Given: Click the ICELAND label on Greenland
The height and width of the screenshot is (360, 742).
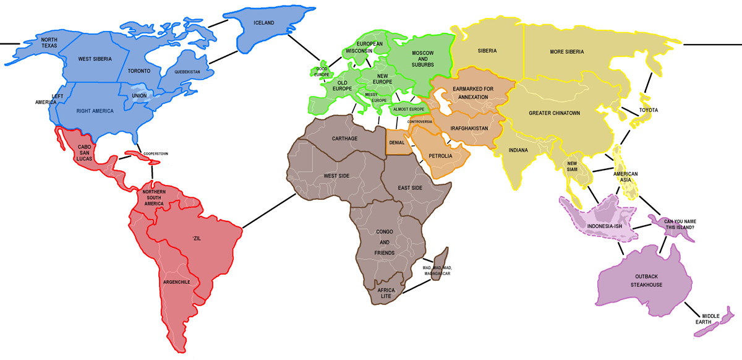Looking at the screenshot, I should pyautogui.click(x=264, y=23).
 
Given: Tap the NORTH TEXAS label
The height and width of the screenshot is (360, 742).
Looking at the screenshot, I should pyautogui.click(x=49, y=43).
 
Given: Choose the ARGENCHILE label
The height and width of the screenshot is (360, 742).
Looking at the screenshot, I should pyautogui.click(x=180, y=282).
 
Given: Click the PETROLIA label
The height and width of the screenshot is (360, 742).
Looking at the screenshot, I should pyautogui.click(x=441, y=156).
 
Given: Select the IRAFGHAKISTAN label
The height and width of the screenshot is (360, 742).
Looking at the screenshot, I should pyautogui.click(x=470, y=128).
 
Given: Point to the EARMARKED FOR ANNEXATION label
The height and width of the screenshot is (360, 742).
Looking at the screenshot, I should pyautogui.click(x=473, y=93).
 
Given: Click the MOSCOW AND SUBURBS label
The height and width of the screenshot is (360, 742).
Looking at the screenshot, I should pyautogui.click(x=423, y=59).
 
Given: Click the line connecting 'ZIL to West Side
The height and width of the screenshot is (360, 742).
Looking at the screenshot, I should pyautogui.click(x=268, y=211).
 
